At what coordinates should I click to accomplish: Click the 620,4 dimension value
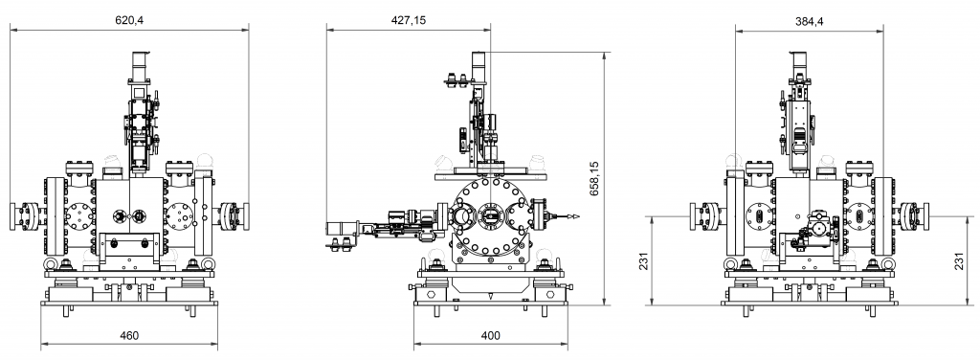click(x=129, y=20)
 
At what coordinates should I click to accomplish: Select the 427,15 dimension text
click(x=409, y=20)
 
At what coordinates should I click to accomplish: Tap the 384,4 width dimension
click(x=810, y=21)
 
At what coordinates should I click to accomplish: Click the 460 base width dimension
click(x=129, y=336)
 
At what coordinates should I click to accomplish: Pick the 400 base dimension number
click(x=491, y=336)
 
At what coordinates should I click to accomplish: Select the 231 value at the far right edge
click(x=959, y=260)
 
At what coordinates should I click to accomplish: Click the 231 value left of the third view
click(x=644, y=260)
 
